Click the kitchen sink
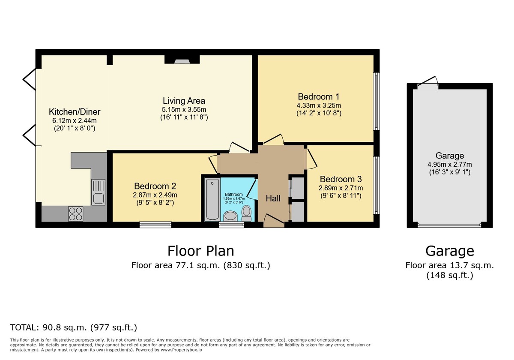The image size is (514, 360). point(99,192)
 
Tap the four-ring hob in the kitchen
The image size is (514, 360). point(76,214)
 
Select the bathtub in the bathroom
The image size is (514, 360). point(212,200)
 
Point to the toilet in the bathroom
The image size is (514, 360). point(247,213)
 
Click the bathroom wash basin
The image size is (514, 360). point(230,216)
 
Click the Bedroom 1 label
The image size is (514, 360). point(319,97)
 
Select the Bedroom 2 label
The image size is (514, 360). point(155,186)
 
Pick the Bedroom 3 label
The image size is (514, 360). point(341,179)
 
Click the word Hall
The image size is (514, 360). point(273,198)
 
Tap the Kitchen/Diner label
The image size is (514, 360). point(75,112)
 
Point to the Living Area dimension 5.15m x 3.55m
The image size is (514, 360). point(184,109)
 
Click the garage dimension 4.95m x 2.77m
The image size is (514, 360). point(450,165)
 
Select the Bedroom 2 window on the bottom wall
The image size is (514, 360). point(155,225)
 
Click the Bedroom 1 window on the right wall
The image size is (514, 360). point(377,101)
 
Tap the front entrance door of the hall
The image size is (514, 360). point(274,221)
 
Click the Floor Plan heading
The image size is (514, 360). point(201,251)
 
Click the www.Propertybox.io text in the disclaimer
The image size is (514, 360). point(181,350)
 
